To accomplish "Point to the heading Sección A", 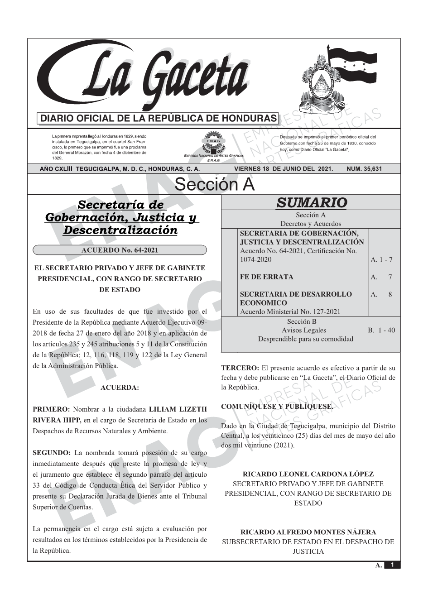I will (214, 185).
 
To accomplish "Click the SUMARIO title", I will (311, 202).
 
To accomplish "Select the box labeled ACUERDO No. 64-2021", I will (120, 250).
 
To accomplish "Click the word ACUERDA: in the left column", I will (120, 388).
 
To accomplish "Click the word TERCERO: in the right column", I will (240, 368).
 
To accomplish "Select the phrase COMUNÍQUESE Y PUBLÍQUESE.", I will (277, 407).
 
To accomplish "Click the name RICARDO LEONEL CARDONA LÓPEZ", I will (308, 474).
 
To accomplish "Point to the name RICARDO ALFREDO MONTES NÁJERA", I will (308, 532).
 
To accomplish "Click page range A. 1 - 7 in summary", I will (381, 259).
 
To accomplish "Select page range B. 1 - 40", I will (381, 330).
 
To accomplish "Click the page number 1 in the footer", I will (392, 565).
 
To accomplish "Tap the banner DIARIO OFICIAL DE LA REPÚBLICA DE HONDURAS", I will (159, 118).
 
